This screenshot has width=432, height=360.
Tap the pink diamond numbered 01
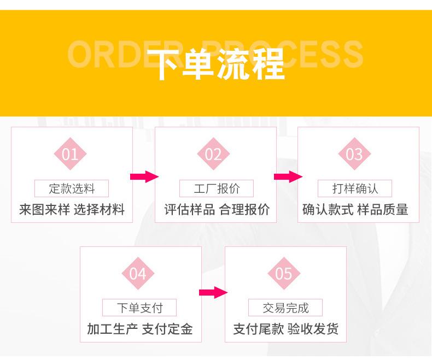coord(70,154)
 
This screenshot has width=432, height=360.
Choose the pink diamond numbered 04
coord(138,273)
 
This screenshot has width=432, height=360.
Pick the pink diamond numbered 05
coord(284,273)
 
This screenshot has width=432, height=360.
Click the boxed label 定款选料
coord(72,189)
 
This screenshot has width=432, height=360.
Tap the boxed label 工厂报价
coord(217,189)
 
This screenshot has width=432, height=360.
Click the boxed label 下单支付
coord(140,308)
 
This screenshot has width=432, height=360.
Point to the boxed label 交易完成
coord(285,308)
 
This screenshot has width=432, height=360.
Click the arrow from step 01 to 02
coord(144,176)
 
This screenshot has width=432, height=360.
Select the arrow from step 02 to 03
coord(288,176)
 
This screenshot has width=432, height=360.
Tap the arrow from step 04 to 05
coord(213,292)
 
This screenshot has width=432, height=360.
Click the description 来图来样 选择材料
coord(72,209)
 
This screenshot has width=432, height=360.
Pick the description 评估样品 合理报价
coord(217,209)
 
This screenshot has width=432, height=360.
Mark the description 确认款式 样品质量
coord(355,209)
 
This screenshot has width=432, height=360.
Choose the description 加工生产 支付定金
coord(140,329)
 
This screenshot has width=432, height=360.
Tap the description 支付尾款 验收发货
coord(285,329)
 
